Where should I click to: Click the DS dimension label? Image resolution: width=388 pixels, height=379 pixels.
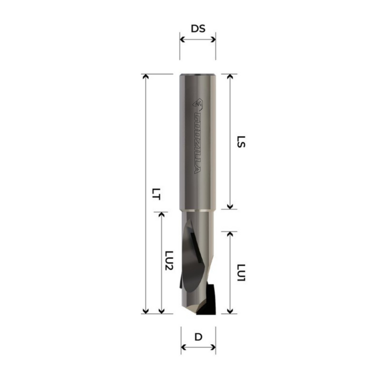pyautogui.click(x=198, y=29)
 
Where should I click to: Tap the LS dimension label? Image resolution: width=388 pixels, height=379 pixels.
pyautogui.click(x=241, y=142)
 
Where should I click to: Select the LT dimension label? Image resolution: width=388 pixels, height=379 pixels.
pyautogui.click(x=156, y=194)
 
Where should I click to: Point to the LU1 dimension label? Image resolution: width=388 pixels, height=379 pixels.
pyautogui.click(x=241, y=273)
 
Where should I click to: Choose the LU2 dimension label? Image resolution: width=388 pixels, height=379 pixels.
pyautogui.click(x=169, y=261)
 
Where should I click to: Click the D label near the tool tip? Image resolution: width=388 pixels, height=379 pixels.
pyautogui.click(x=198, y=337)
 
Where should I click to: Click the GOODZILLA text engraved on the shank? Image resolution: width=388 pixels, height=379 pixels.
pyautogui.click(x=197, y=143)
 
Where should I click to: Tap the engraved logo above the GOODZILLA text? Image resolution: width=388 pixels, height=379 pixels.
pyautogui.click(x=198, y=104)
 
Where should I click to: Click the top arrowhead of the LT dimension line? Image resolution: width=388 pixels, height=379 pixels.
pyautogui.click(x=146, y=76)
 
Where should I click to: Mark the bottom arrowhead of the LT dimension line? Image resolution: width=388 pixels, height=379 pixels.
pyautogui.click(x=146, y=311)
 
